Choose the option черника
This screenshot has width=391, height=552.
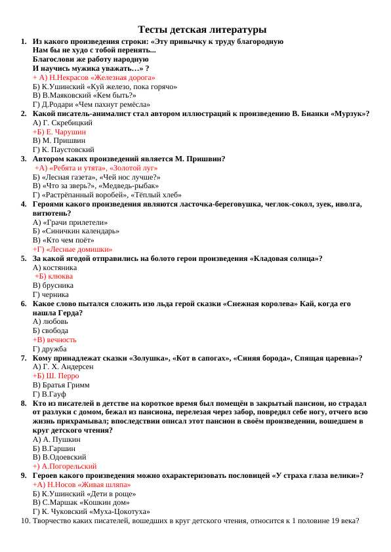(x=52, y=294)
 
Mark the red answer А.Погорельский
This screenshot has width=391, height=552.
(x=64, y=466)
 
